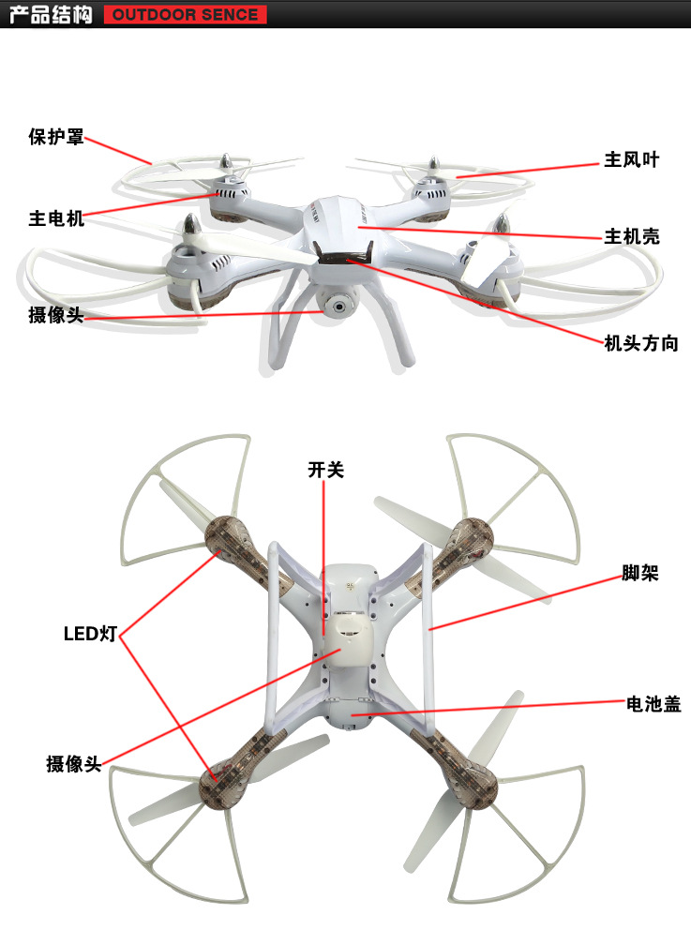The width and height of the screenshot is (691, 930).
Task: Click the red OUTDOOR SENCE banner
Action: (x=186, y=15)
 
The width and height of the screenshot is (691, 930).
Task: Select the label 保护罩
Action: (x=56, y=137)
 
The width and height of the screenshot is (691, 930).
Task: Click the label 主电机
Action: (x=56, y=218)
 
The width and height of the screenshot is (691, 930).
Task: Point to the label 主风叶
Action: (x=631, y=159)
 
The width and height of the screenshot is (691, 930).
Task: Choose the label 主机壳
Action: (x=631, y=236)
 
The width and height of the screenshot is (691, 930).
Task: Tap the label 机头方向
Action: (x=640, y=343)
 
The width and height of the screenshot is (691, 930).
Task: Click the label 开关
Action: (x=325, y=470)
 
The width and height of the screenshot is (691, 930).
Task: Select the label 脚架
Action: (x=640, y=572)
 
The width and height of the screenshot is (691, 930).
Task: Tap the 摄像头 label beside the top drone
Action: (x=56, y=315)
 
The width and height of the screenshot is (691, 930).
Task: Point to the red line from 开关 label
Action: (x=325, y=562)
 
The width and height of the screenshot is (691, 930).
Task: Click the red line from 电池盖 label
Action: (x=488, y=708)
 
